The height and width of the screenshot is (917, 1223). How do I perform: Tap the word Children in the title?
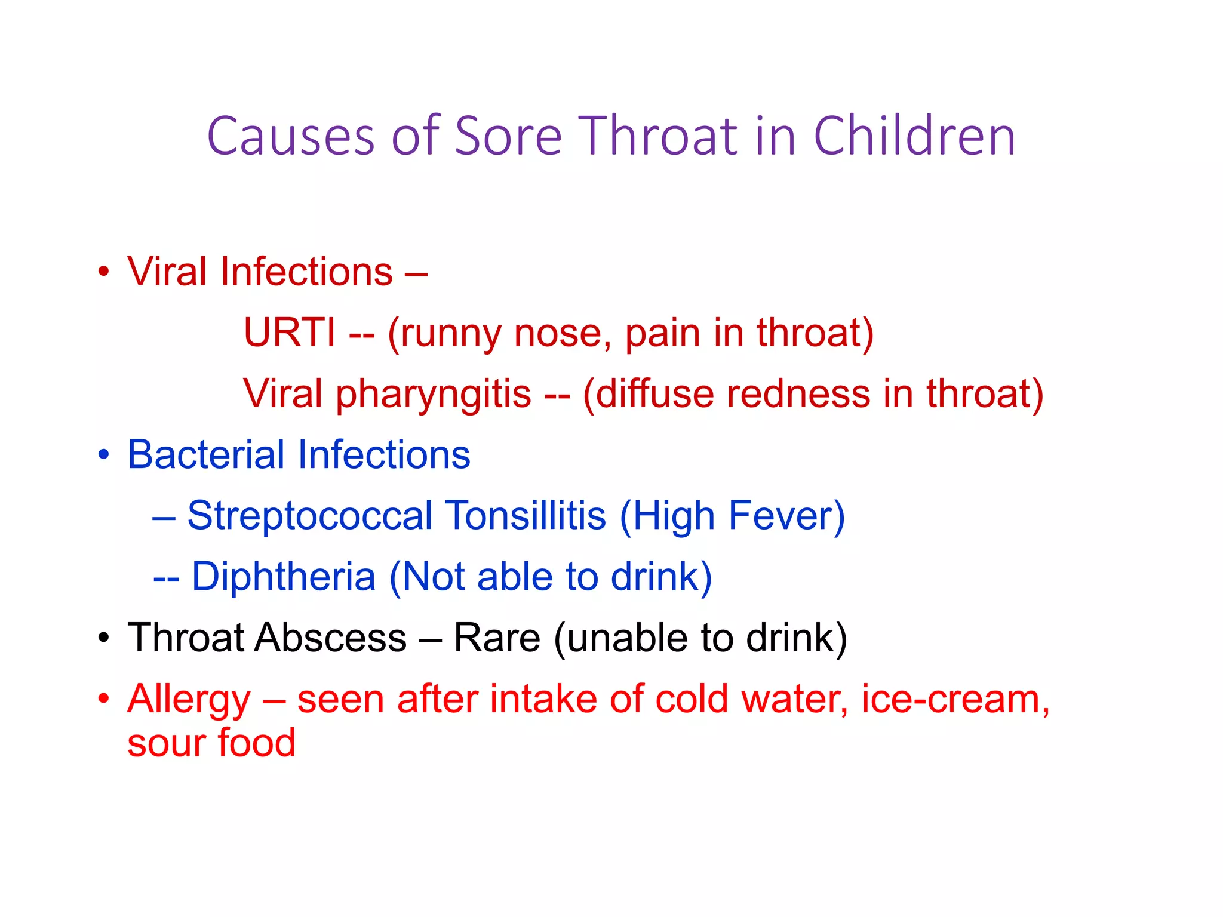click(914, 137)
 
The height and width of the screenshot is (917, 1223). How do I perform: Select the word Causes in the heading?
click(291, 137)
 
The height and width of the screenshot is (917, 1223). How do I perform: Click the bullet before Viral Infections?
click(104, 272)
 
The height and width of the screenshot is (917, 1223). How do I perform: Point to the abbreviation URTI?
click(290, 333)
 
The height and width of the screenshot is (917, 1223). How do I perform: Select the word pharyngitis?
click(434, 394)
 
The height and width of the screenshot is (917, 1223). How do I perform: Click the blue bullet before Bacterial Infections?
click(104, 455)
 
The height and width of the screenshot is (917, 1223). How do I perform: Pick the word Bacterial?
click(206, 455)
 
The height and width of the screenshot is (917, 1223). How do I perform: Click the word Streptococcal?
click(309, 516)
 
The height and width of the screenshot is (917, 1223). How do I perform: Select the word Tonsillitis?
click(526, 516)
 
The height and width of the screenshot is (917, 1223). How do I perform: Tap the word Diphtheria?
click(284, 577)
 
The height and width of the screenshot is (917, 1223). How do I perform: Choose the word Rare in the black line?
click(497, 638)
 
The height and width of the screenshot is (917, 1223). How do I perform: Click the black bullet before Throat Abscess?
click(104, 638)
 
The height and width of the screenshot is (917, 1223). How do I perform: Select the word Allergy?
click(189, 700)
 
